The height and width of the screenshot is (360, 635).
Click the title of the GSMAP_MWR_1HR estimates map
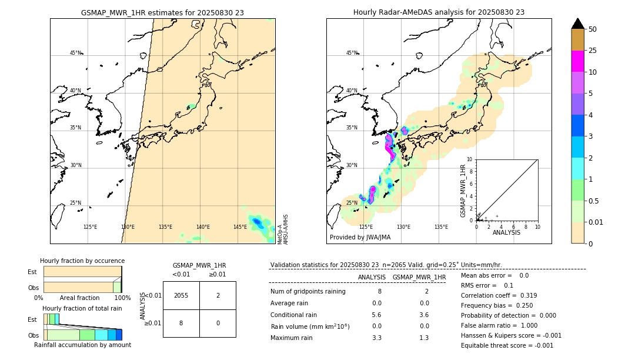(162, 12)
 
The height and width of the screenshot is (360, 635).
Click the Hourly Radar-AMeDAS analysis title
(439, 12)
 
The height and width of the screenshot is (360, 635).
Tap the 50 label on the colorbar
(593, 29)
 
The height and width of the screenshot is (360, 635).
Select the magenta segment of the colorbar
(578, 61)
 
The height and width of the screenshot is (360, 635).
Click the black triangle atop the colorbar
(578, 24)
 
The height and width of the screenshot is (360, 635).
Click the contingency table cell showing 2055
(181, 295)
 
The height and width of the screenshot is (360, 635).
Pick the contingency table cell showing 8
(181, 323)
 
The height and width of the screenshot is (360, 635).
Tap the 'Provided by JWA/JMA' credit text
(360, 237)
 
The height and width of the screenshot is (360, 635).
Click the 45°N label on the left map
(75, 53)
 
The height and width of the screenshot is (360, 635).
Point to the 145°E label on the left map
(240, 227)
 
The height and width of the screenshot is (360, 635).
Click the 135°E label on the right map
(441, 227)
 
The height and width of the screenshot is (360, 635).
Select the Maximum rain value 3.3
(377, 338)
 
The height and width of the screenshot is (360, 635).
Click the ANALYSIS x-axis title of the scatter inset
(507, 232)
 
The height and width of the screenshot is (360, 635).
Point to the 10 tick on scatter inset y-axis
(469, 159)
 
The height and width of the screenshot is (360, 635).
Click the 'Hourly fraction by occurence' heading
(82, 261)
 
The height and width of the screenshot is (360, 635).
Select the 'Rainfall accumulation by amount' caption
(82, 345)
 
